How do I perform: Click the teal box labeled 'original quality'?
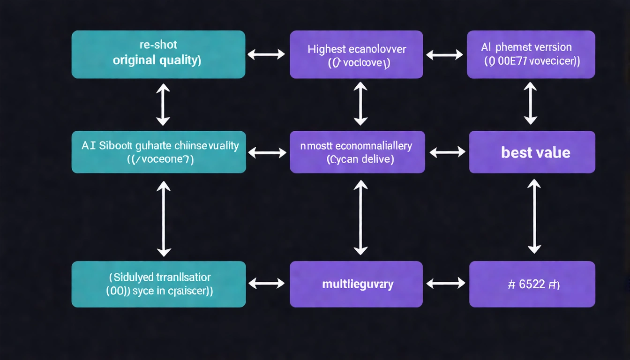[158, 54]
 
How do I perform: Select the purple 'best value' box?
[532, 152]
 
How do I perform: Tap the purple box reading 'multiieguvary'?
[356, 284]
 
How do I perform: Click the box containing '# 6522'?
[532, 284]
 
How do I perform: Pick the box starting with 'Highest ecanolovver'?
[356, 54]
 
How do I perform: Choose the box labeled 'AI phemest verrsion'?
[531, 54]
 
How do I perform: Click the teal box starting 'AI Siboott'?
[158, 152]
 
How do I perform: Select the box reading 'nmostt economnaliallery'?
[357, 152]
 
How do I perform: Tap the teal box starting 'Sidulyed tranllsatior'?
[158, 284]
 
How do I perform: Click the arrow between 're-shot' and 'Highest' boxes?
[266, 54]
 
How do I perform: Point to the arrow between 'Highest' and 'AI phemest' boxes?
[444, 55]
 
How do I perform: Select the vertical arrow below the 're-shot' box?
[163, 104]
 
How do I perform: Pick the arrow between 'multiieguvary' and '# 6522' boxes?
[446, 283]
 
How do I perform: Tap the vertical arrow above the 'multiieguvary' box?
[360, 217]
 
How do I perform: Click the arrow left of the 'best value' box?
[447, 152]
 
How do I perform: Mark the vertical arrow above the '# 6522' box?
[534, 216]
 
